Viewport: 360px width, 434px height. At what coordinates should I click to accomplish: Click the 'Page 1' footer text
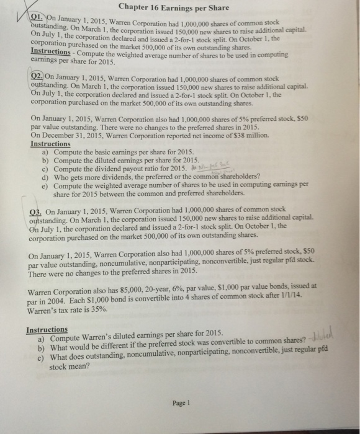click(181, 402)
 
